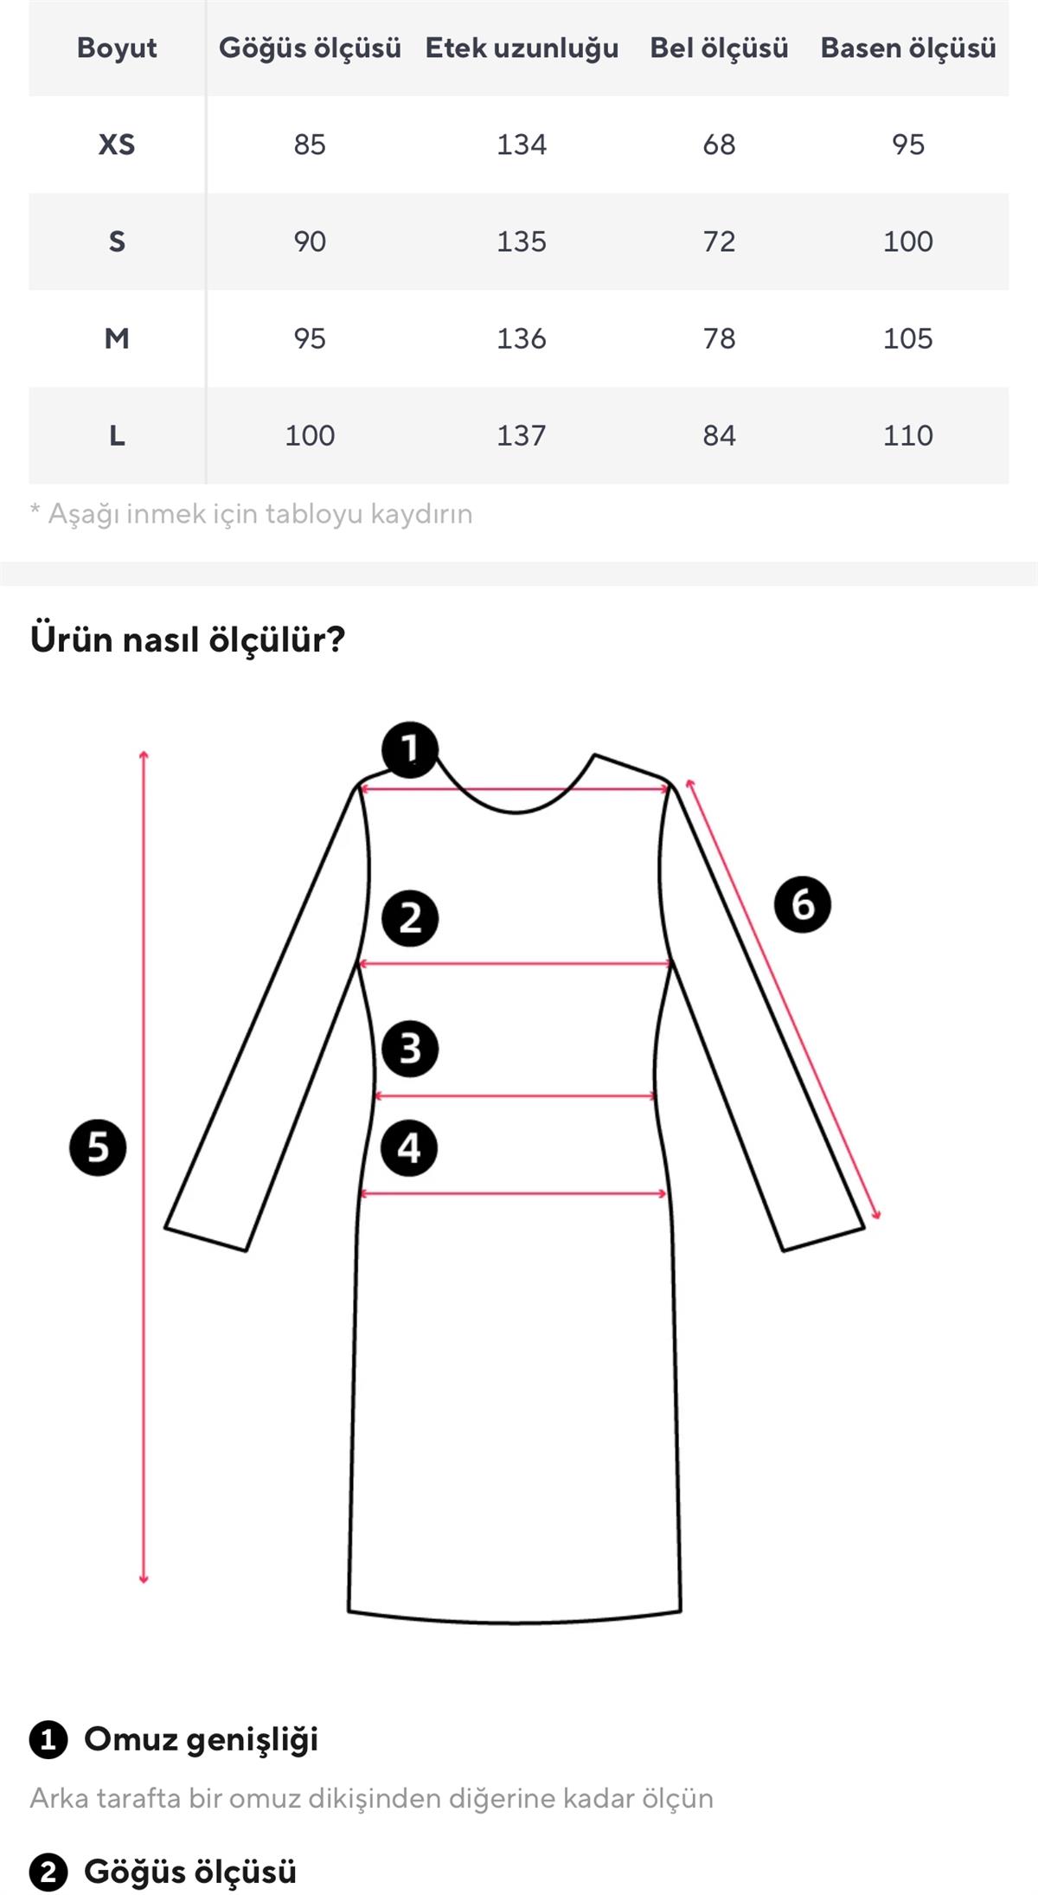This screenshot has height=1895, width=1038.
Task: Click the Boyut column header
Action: pos(117,48)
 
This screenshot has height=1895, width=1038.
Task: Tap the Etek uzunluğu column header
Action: pos(522,48)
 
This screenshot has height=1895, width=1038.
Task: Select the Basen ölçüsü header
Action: pos(907,48)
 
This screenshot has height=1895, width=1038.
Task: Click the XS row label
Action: pos(117,145)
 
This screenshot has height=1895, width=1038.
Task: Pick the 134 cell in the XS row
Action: pos(522,145)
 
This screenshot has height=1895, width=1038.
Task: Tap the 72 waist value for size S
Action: pos(719,241)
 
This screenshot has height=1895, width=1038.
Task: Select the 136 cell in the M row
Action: pos(522,338)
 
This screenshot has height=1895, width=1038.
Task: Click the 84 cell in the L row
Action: pos(719,435)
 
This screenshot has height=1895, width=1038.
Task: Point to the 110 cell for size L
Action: pos(907,435)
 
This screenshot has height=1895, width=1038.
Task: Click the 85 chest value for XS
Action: pos(310,145)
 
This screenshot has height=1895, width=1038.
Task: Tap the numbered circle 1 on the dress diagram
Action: pos(410,749)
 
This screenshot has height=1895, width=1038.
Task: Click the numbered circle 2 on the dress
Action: pos(410,918)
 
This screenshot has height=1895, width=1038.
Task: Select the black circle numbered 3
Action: pos(410,1049)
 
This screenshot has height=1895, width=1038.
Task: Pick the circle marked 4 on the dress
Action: pos(409,1148)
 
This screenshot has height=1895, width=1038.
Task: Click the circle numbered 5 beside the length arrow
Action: pos(98,1147)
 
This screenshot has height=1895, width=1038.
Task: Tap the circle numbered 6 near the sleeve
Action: pos(803,904)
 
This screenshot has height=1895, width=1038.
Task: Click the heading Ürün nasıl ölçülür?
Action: pos(188,639)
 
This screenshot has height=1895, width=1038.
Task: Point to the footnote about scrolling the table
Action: pos(252,514)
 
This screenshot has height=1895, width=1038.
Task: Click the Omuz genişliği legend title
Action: pos(201,1739)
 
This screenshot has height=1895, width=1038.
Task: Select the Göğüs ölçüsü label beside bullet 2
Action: pos(190,1872)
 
